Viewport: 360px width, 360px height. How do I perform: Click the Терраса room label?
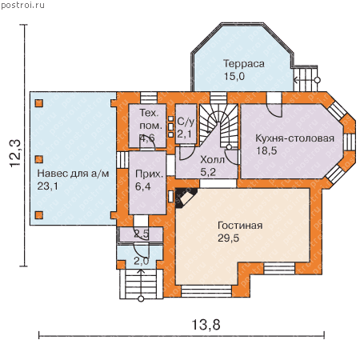(244, 64)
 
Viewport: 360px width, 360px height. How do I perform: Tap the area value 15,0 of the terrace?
(234, 77)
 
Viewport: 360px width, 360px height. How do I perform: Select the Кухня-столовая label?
(294, 138)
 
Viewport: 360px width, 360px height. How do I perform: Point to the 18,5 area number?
(266, 150)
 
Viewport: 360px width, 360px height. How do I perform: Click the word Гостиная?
(240, 226)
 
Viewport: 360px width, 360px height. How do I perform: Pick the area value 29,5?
(228, 238)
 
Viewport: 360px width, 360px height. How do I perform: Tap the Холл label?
(212, 160)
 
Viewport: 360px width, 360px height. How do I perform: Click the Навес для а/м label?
(73, 174)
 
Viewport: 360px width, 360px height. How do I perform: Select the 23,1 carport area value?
(47, 186)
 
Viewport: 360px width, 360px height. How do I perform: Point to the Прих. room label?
(149, 174)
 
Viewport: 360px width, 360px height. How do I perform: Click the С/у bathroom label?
(186, 122)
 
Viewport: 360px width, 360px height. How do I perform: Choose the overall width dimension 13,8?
(206, 325)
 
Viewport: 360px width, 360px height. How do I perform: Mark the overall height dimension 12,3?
(15, 154)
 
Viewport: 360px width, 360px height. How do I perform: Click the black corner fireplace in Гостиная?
(186, 198)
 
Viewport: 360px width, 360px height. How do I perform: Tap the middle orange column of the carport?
(39, 159)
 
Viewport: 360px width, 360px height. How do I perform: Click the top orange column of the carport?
(39, 103)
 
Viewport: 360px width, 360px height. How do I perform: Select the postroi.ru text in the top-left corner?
(22, 6)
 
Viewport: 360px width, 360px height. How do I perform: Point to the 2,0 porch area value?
(142, 262)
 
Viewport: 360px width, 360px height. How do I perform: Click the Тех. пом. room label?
(150, 119)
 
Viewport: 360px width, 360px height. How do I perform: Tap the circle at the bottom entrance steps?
(141, 299)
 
